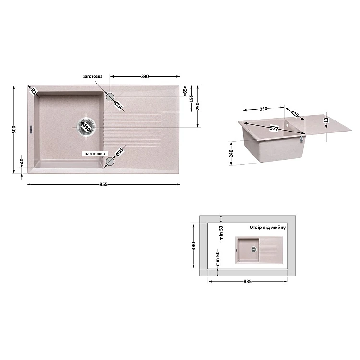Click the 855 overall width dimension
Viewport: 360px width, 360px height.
103,185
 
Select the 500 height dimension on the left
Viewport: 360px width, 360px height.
14,129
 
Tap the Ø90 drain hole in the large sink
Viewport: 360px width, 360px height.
86,127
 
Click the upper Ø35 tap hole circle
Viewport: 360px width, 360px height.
110,96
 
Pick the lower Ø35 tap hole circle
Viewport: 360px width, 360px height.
110,161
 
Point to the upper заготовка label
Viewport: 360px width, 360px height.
93,76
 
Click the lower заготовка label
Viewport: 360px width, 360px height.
95,154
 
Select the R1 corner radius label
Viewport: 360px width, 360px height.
34,91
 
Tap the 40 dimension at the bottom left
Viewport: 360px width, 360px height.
22,161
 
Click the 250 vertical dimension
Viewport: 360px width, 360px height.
198,106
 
